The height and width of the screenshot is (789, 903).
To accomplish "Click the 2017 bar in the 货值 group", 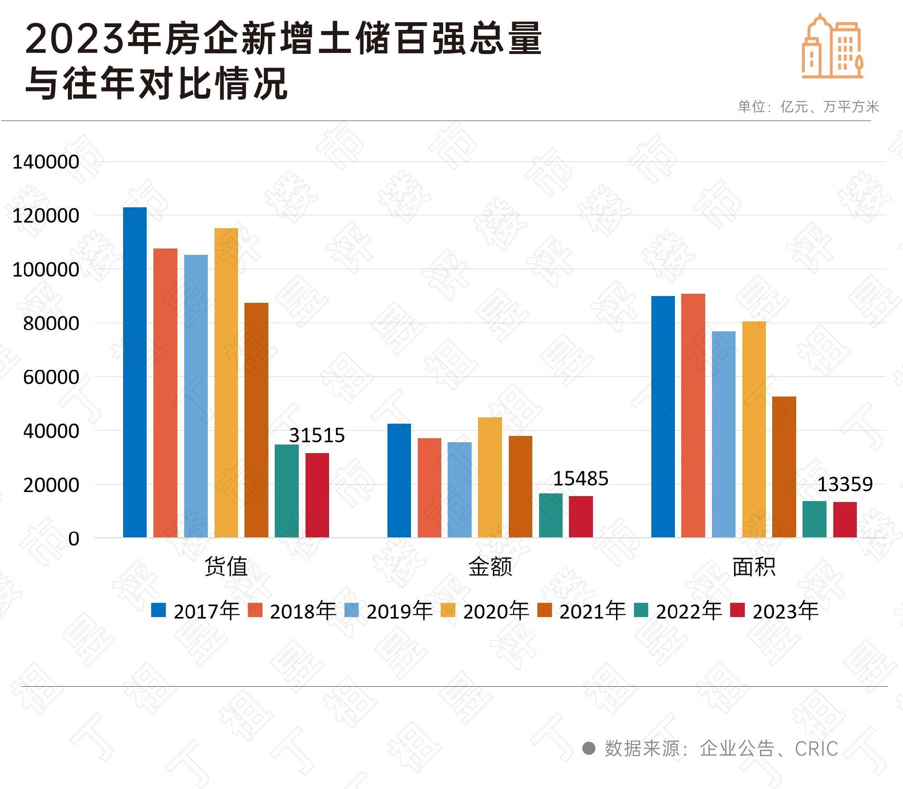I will pyautogui.click(x=135, y=372).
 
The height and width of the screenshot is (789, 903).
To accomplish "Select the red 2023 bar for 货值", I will pyautogui.click(x=317, y=495).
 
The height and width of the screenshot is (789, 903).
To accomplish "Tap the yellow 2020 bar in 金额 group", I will pyautogui.click(x=490, y=477).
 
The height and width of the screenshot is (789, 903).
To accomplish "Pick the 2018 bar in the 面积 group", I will pyautogui.click(x=693, y=416).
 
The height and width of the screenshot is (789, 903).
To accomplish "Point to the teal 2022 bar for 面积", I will pyautogui.click(x=814, y=519).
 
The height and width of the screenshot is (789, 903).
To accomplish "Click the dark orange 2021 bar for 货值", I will pyautogui.click(x=256, y=420).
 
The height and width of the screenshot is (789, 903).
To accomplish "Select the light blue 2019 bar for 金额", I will pyautogui.click(x=459, y=490).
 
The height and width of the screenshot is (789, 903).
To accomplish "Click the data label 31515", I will pyautogui.click(x=317, y=435).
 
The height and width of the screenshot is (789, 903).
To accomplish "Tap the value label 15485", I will pyautogui.click(x=581, y=478).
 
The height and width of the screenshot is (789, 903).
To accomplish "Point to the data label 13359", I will pyautogui.click(x=845, y=484).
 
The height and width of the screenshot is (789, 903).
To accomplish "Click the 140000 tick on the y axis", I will pyautogui.click(x=46, y=162).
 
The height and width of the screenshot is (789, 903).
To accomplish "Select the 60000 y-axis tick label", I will pyautogui.click(x=51, y=377).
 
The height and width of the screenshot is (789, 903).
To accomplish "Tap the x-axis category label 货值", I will pyautogui.click(x=226, y=566).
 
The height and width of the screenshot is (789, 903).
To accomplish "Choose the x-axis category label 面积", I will pyautogui.click(x=754, y=566).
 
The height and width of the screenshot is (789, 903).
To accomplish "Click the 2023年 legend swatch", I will pyautogui.click(x=738, y=610).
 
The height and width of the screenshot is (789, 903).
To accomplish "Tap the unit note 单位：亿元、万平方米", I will pyautogui.click(x=808, y=107).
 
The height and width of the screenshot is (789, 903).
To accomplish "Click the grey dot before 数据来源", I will pyautogui.click(x=588, y=748).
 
